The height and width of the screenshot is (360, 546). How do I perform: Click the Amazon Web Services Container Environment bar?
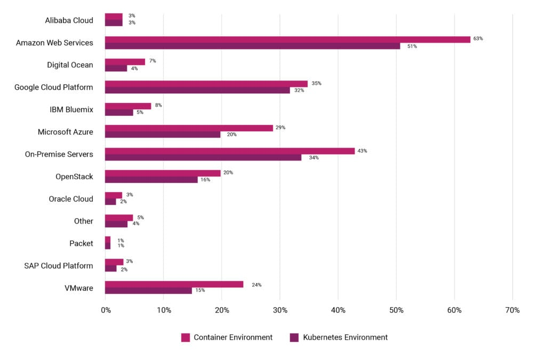click(287, 39)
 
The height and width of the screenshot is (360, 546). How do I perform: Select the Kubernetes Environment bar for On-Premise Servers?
click(203, 157)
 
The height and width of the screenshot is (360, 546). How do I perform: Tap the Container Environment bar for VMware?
click(174, 284)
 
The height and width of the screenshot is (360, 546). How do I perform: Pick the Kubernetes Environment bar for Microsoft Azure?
click(163, 134)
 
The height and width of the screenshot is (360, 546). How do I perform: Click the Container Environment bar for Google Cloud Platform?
click(206, 84)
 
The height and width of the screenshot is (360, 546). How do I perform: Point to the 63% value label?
click(478, 39)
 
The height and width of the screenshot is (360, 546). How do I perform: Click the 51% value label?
click(412, 46)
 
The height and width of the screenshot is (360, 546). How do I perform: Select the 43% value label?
click(362, 151)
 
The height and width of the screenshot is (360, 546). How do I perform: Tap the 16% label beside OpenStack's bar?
click(205, 180)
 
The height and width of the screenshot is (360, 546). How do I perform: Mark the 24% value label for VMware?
click(256, 285)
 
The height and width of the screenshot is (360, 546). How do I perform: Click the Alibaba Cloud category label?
click(69, 20)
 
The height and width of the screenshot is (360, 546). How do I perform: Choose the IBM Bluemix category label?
click(71, 109)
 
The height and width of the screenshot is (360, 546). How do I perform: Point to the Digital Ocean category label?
click(70, 65)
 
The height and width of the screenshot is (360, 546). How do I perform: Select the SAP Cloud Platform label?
click(59, 266)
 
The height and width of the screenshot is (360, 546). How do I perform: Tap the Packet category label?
click(81, 243)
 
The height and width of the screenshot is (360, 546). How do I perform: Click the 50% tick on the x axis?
click(396, 310)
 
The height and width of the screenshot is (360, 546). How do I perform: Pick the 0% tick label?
click(105, 310)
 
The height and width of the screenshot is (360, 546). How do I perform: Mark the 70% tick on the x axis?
click(512, 310)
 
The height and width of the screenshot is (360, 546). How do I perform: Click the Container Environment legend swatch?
click(186, 338)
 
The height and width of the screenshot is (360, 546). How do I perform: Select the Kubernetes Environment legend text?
click(345, 338)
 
